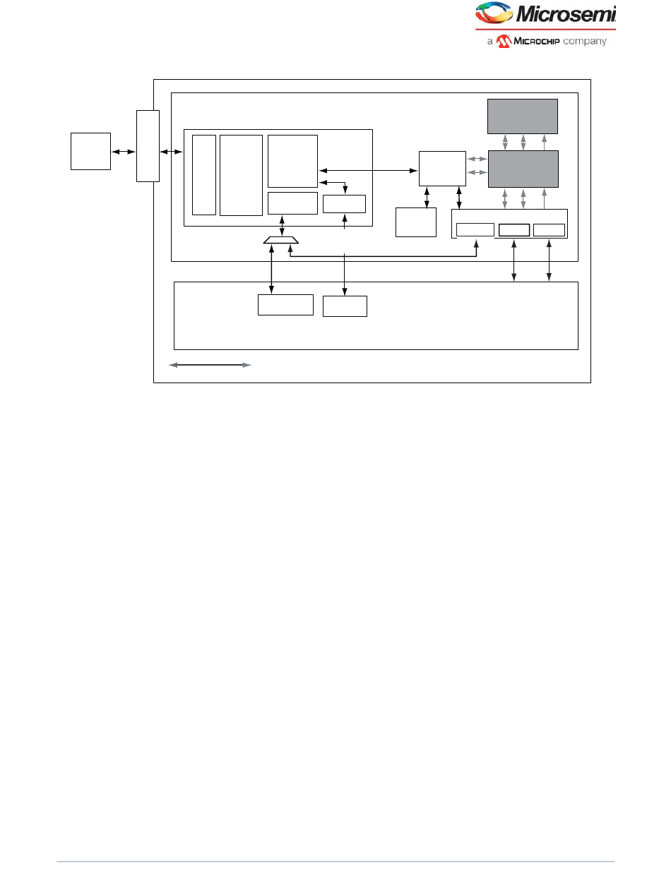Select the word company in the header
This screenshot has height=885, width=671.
click(x=586, y=41)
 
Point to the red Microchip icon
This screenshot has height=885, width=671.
click(x=503, y=41)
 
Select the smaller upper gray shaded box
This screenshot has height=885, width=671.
click(x=523, y=116)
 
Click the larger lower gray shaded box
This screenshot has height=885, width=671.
click(x=523, y=169)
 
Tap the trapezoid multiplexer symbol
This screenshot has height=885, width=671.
click(x=281, y=241)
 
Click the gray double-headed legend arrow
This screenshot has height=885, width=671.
click(x=210, y=365)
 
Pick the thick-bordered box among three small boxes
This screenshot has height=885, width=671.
click(x=513, y=229)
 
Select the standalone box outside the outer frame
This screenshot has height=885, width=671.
click(x=90, y=151)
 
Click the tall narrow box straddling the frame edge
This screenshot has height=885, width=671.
click(x=148, y=146)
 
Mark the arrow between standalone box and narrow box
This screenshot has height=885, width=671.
click(x=123, y=152)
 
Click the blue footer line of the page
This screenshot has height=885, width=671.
click(x=335, y=861)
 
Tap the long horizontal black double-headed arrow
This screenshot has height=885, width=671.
click(x=367, y=170)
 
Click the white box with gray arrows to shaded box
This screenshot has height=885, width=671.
click(x=442, y=168)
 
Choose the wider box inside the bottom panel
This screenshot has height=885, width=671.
click(x=285, y=305)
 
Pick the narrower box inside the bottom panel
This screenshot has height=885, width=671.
click(x=345, y=306)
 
